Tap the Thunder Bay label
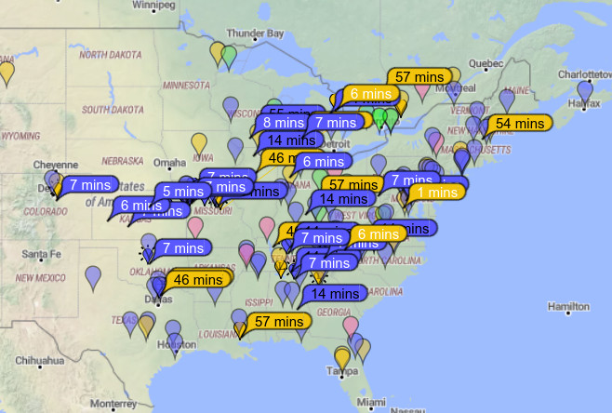click(254, 33)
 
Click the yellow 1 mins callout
click(435, 193)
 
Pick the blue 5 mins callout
click(186, 192)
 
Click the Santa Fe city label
click(41, 254)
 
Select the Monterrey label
click(113, 403)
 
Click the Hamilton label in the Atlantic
click(568, 307)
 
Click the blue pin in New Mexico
click(93, 276)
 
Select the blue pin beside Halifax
click(584, 90)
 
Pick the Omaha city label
click(169, 162)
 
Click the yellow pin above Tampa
click(342, 356)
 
